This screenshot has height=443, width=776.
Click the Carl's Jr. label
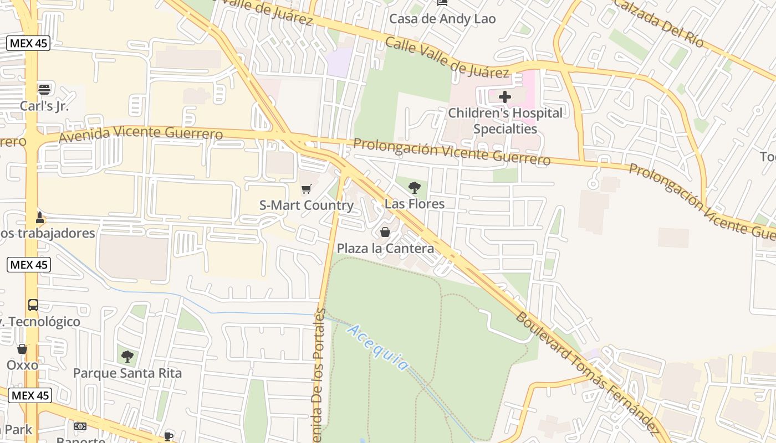tap(44, 106)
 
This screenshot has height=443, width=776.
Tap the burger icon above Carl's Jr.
tap(44, 89)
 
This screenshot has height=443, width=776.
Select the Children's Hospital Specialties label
tap(505, 121)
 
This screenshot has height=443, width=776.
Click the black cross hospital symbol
tap(505, 97)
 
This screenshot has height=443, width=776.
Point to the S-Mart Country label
tap(307, 205)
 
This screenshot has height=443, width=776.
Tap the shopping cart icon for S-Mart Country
tap(307, 189)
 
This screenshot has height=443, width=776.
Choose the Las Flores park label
tap(415, 204)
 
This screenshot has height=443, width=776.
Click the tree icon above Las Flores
tap(414, 188)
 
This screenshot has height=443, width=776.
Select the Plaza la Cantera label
tap(385, 248)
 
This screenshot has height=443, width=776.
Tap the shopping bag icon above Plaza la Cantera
tap(385, 232)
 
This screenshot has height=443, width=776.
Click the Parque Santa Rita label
tap(127, 373)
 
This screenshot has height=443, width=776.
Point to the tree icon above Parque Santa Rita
tap(127, 356)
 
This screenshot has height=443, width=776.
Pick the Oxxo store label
tap(22, 365)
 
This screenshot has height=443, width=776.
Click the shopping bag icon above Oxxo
tap(22, 349)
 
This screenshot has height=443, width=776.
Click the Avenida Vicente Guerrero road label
tap(141, 133)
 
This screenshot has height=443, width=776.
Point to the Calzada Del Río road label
tap(660, 23)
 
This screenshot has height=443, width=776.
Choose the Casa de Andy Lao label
tap(442, 19)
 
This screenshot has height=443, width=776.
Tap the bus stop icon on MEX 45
tap(33, 305)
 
